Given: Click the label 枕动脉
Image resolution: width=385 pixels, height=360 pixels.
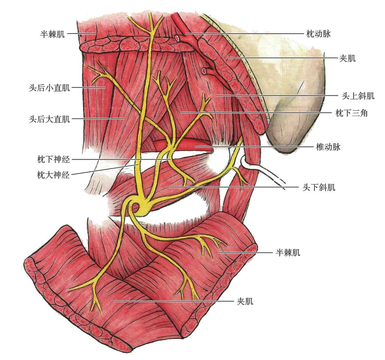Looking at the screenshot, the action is pyautogui.click(x=318, y=34).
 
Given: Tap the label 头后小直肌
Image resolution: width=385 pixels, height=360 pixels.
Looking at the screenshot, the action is pyautogui.click(x=50, y=88).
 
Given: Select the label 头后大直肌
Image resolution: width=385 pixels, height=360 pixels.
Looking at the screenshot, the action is pyautogui.click(x=50, y=119).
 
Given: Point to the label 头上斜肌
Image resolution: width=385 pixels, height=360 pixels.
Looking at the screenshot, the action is pyautogui.click(x=358, y=96).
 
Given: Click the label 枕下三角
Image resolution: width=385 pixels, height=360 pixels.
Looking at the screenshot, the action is pyautogui.click(x=352, y=113).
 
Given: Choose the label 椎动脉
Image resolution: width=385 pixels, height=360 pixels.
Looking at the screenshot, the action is pyautogui.click(x=328, y=147).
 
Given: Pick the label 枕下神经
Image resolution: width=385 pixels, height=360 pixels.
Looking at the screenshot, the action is pyautogui.click(x=54, y=159).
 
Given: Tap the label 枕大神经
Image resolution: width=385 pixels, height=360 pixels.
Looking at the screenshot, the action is pyautogui.click(x=54, y=175).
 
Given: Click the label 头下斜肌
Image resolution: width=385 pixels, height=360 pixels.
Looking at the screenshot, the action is pyautogui.click(x=319, y=187).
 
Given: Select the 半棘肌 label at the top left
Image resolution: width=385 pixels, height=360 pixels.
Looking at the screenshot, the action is pyautogui.click(x=52, y=34).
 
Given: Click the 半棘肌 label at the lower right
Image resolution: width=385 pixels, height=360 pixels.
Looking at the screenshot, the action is pyautogui.click(x=288, y=252).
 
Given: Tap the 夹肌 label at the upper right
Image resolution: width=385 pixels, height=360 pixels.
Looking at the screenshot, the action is pyautogui.click(x=347, y=58).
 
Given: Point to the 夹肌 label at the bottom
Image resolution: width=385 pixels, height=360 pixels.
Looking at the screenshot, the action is pyautogui.click(x=245, y=301).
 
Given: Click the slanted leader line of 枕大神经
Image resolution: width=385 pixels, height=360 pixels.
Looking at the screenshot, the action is pyautogui.click(x=103, y=170).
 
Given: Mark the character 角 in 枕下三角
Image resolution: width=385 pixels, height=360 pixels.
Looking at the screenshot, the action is pyautogui.click(x=364, y=113).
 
